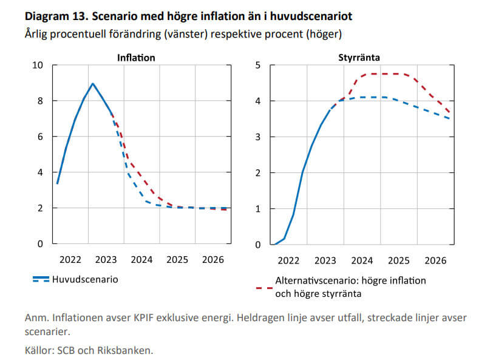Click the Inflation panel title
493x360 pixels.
click(x=136, y=58)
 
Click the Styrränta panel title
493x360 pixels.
click(x=359, y=58)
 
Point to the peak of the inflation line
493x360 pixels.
click(x=92, y=84)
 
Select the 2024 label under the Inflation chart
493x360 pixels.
click(x=141, y=260)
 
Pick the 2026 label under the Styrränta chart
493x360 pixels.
click(x=435, y=260)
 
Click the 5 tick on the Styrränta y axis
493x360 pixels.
click(x=257, y=66)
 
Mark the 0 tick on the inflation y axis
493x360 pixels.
click(x=40, y=244)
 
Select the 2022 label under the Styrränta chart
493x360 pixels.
click(x=288, y=260)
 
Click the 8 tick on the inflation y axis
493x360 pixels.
click(x=40, y=101)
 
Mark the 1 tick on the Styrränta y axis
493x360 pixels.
click(x=257, y=209)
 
